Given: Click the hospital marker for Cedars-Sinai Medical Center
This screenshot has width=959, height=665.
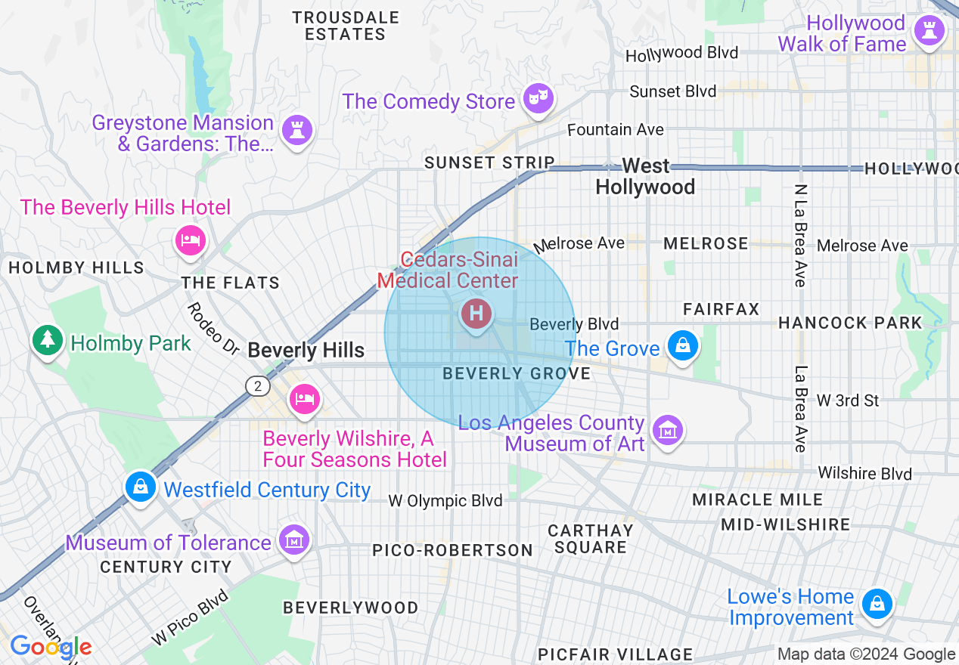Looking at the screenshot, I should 476,312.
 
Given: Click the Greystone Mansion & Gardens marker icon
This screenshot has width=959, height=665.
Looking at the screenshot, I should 296,130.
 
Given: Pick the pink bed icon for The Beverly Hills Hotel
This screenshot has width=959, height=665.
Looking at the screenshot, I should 190,241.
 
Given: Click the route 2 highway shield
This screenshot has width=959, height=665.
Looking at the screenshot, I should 258,386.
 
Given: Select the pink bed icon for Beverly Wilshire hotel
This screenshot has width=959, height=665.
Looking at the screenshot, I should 304,398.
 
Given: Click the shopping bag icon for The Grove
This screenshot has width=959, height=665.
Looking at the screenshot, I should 683,346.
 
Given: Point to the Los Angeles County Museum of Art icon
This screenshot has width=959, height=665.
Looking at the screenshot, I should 667,431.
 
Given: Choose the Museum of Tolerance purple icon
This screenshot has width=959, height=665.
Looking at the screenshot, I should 294,540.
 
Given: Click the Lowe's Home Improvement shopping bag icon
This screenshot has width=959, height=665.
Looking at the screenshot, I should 877,604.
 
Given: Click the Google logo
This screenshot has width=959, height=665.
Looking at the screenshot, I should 51,647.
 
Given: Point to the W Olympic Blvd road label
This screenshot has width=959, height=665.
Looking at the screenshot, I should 445,501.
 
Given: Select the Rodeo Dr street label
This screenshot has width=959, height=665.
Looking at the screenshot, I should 213,328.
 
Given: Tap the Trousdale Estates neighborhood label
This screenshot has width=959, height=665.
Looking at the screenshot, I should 346,26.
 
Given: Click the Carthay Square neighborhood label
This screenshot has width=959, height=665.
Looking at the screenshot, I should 591,539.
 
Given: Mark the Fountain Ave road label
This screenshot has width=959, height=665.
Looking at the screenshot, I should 616,130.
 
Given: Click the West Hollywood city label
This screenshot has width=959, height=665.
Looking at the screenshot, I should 645,176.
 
